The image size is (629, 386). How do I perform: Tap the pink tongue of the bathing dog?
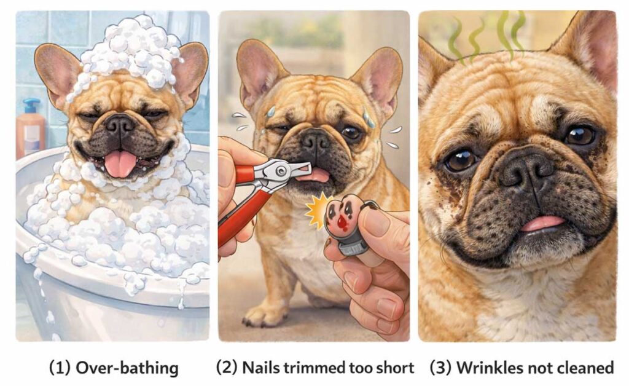pos(120,163)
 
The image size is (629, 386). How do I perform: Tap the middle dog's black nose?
pos(315,140)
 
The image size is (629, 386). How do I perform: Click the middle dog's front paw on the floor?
pos(265,314)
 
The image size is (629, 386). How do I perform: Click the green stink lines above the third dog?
pos(486,37)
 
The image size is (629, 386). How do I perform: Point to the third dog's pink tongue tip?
pos(543,223)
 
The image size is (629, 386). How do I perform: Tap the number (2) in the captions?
pos(227,368)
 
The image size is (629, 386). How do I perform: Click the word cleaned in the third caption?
pos(585,368)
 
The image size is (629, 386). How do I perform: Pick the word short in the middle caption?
pos(395,368)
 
